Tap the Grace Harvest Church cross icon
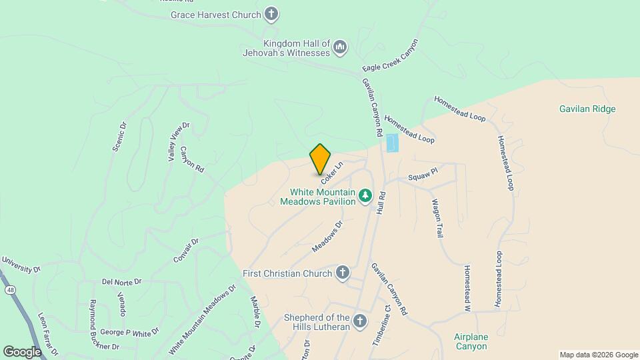pyautogui.click(x=271, y=13)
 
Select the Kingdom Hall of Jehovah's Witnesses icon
pyautogui.click(x=340, y=47)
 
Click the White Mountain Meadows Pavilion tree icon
pyautogui.click(x=365, y=195)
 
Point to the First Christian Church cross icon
pyautogui.click(x=342, y=273)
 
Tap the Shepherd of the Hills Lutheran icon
pyautogui.click(x=359, y=322)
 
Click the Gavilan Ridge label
pyautogui.click(x=587, y=109)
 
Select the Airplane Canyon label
pyautogui.click(x=471, y=341)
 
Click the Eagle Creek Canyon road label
pyautogui.click(x=390, y=56)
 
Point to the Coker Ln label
pyautogui.click(x=331, y=172)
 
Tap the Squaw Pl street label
pyautogui.click(x=423, y=175)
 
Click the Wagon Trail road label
pyautogui.click(x=437, y=219)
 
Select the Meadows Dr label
pyautogui.click(x=327, y=237)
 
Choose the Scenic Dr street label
pyautogui.click(x=119, y=136)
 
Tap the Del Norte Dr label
pyautogui.click(x=122, y=282)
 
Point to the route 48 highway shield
pyautogui.click(x=9, y=290)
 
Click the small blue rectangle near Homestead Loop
pyautogui.click(x=392, y=143)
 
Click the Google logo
pyautogui.click(x=22, y=351)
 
